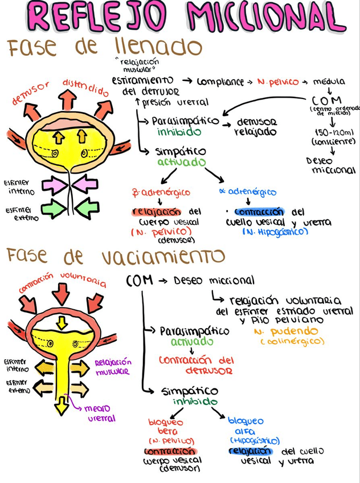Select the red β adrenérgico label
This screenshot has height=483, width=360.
coord(161,193)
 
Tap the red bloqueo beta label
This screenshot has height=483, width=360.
coord(166,427)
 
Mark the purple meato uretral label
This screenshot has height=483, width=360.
coord(101,413)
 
